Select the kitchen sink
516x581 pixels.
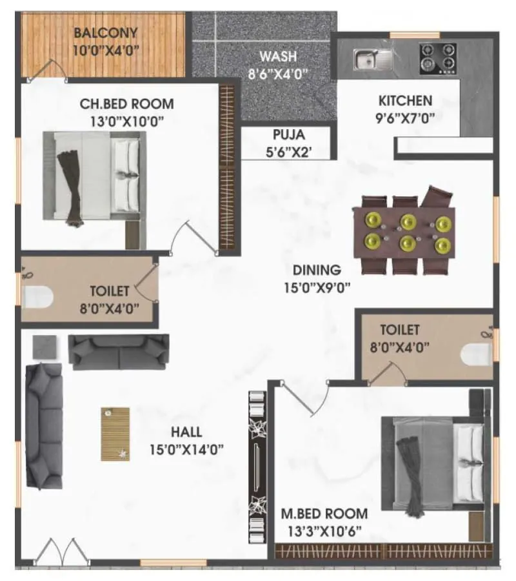pyautogui.click(x=372, y=59)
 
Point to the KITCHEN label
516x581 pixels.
pyautogui.click(x=405, y=101)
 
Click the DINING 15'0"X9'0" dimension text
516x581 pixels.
pyautogui.click(x=317, y=288)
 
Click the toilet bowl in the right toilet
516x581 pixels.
pyautogui.click(x=477, y=353)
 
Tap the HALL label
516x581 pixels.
pyautogui.click(x=186, y=432)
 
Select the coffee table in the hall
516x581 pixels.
pyautogui.click(x=115, y=433)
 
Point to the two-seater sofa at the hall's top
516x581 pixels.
pyautogui.click(x=119, y=351)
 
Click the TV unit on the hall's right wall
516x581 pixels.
pyautogui.click(x=259, y=460)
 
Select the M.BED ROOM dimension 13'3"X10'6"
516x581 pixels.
pyautogui.click(x=324, y=531)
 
